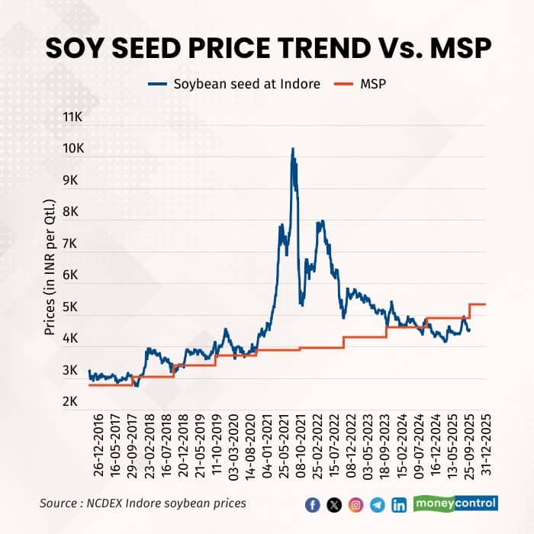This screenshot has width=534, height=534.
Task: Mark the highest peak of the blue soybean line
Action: (x=292, y=149)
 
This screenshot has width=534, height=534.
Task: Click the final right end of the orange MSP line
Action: (x=485, y=304)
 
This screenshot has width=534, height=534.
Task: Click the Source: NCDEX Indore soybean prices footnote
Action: (x=143, y=503)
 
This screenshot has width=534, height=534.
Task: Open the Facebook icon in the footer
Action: (x=312, y=504)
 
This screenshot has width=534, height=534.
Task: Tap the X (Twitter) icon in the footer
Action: (x=333, y=504)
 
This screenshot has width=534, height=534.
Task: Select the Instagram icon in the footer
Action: (x=355, y=504)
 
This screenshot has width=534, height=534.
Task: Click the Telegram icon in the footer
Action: (x=377, y=504)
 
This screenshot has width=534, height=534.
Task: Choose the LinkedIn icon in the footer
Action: (x=399, y=504)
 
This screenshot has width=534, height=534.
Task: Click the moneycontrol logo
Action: (x=455, y=503)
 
